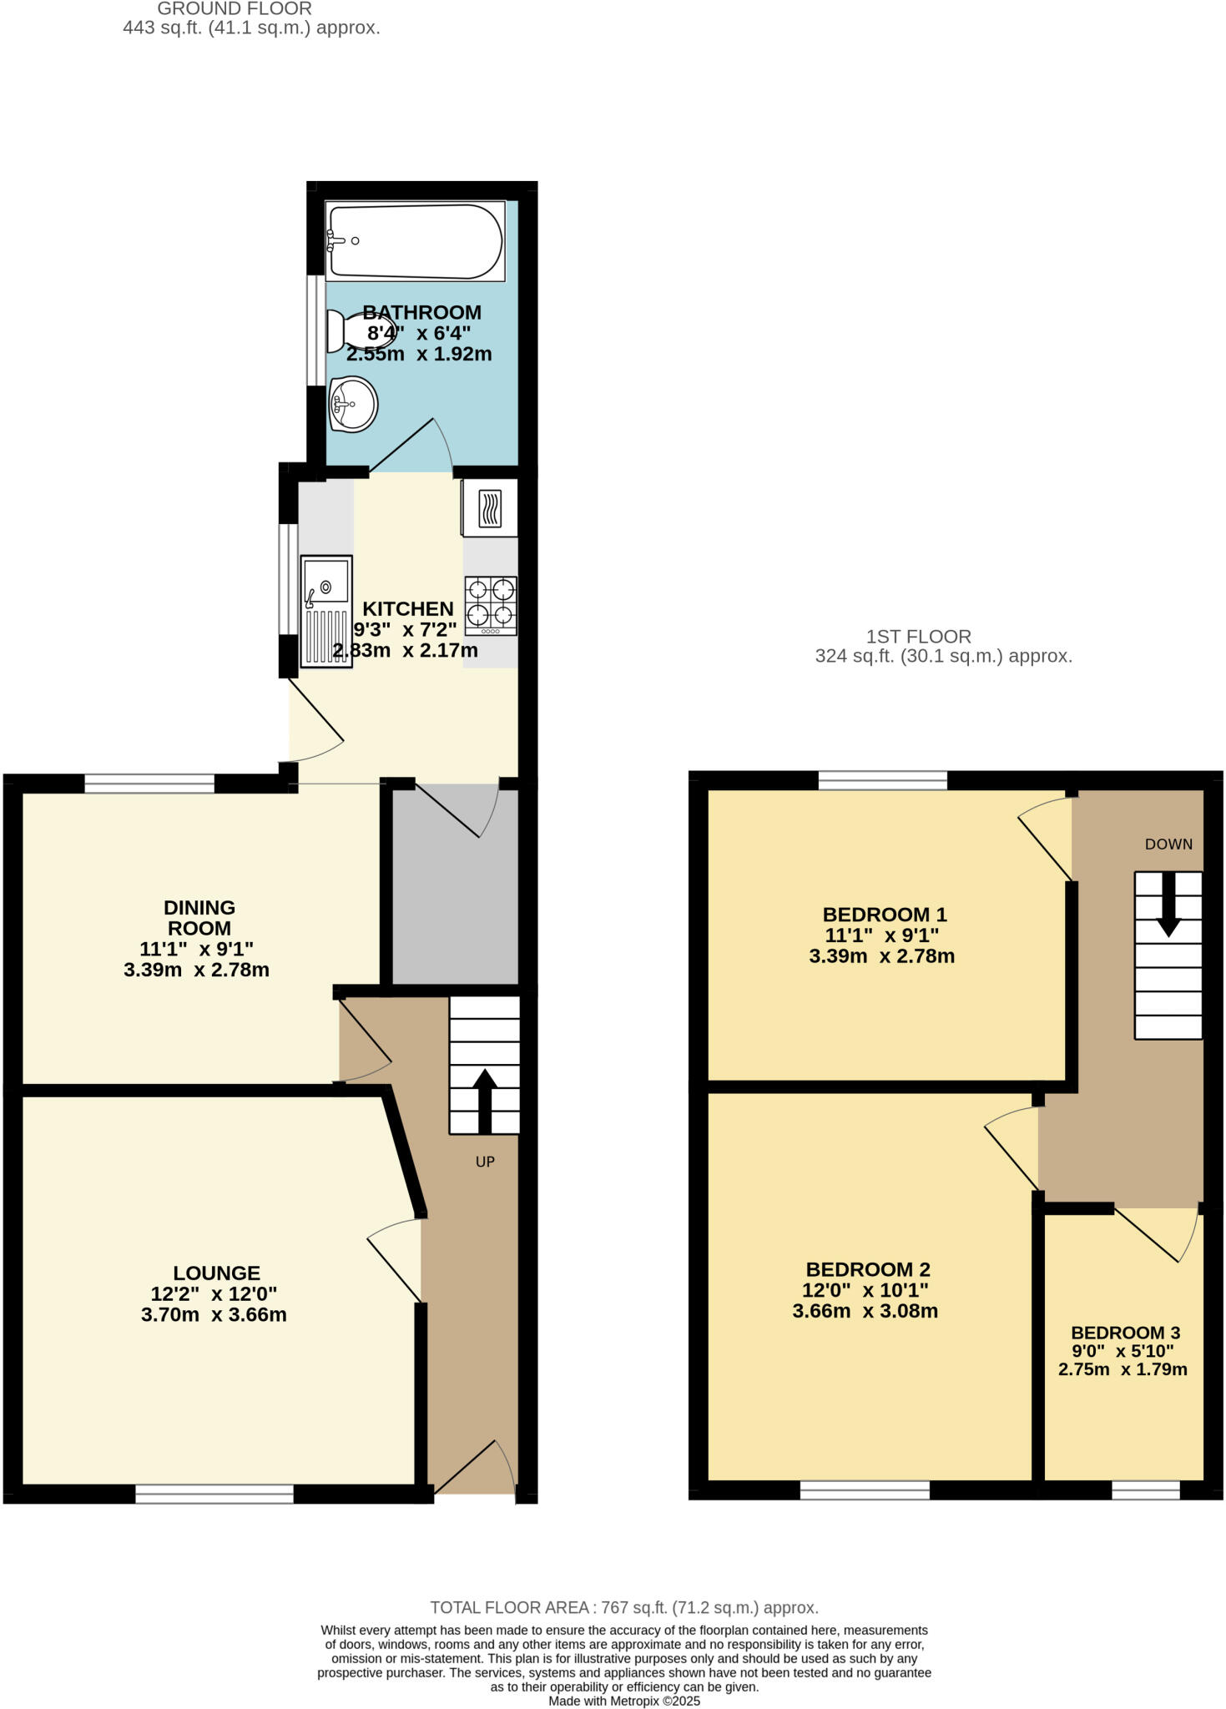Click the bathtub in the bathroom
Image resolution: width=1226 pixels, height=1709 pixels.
(415, 241)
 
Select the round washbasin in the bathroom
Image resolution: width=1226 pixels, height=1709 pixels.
(353, 404)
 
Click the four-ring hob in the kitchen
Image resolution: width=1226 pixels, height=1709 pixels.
(491, 605)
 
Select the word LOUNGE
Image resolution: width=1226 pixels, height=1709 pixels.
(217, 1273)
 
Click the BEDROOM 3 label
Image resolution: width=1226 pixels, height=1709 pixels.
(1125, 1333)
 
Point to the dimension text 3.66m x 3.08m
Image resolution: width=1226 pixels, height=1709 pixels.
(865, 1310)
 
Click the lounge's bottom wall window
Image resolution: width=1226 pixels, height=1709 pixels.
(214, 1494)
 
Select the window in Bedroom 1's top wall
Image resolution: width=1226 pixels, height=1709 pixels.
(883, 780)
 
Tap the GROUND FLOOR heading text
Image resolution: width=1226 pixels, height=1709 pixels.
(235, 9)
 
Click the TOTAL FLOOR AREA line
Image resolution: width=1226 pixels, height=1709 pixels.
(623, 1607)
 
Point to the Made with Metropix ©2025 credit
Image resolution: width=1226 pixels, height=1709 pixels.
(623, 1701)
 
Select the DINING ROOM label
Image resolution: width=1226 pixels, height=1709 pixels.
(199, 917)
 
